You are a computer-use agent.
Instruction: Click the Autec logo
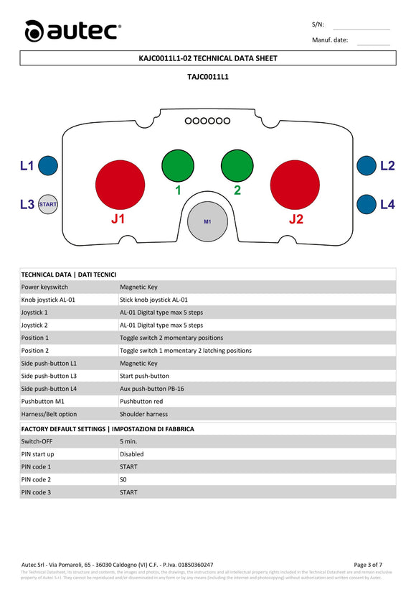(x=72, y=30)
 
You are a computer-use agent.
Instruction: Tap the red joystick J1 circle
(x=120, y=183)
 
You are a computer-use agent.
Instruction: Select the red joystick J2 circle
(x=295, y=183)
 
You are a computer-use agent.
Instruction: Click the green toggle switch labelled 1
(x=177, y=166)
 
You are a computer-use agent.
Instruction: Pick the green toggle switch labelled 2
(x=237, y=166)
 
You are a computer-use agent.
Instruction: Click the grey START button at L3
(x=48, y=205)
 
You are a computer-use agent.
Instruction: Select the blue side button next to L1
(x=48, y=166)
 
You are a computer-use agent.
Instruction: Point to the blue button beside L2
(x=367, y=166)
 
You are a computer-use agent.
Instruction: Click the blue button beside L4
(x=367, y=205)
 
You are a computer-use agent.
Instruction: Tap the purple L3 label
(x=27, y=205)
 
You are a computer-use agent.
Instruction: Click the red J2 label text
(x=296, y=219)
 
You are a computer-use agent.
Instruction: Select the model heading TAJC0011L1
(x=207, y=75)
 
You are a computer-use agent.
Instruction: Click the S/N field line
(x=361, y=28)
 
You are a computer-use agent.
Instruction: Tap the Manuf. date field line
(x=372, y=44)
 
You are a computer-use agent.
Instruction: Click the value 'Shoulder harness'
(x=143, y=414)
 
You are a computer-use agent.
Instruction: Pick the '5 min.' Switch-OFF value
(x=128, y=441)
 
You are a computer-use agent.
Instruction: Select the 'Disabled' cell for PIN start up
(x=131, y=454)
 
